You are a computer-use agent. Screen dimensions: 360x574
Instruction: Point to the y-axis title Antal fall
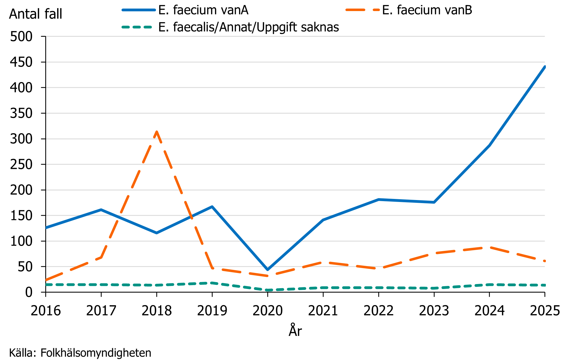click(36, 14)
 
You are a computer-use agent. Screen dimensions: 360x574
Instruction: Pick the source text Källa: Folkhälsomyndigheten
click(80, 353)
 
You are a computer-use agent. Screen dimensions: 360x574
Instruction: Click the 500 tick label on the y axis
click(21, 36)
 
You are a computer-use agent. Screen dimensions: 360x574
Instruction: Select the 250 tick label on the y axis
click(21, 164)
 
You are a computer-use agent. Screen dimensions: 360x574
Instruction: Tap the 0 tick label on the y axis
click(29, 292)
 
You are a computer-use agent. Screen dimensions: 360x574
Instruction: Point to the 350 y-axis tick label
click(21, 113)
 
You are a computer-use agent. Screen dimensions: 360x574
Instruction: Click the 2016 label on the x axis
click(46, 311)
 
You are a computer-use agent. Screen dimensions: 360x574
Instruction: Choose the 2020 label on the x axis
click(268, 311)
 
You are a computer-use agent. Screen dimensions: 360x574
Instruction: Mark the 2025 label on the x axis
click(545, 311)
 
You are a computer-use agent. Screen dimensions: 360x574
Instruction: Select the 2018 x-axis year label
click(157, 311)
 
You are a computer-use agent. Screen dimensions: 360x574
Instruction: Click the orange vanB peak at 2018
click(157, 132)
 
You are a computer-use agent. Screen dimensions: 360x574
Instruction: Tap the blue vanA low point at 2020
click(268, 270)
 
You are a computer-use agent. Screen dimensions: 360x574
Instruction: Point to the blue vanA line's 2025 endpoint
click(545, 67)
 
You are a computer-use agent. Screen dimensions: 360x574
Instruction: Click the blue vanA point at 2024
click(489, 145)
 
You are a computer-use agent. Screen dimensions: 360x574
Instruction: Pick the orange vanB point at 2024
click(489, 247)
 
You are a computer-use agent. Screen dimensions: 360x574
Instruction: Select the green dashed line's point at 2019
click(212, 283)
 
